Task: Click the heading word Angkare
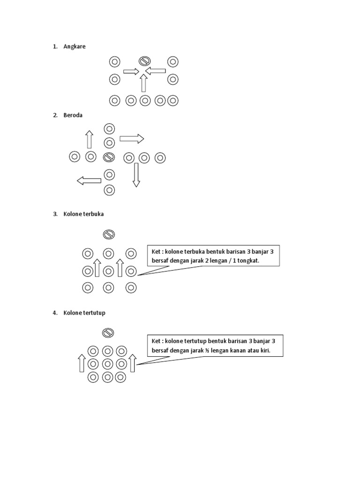pyautogui.click(x=75, y=46)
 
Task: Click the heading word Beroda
pyautogui.click(x=73, y=115)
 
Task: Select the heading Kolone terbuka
pyautogui.click(x=83, y=214)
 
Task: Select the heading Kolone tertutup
pyautogui.click(x=84, y=313)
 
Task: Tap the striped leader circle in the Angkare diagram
pyautogui.click(x=144, y=61)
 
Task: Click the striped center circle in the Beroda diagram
pyautogui.click(x=109, y=157)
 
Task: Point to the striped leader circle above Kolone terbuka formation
pyautogui.click(x=109, y=234)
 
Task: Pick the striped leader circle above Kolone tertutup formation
pyautogui.click(x=107, y=333)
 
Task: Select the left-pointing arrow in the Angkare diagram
pyautogui.click(x=156, y=71)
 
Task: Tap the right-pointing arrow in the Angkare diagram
pyautogui.click(x=131, y=71)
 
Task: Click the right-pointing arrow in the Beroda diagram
pyautogui.click(x=132, y=138)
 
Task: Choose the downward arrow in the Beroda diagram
pyautogui.click(x=136, y=175)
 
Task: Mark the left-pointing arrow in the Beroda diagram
pyautogui.click(x=89, y=180)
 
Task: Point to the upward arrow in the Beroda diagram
pyautogui.click(x=89, y=140)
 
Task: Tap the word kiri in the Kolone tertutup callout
pyautogui.click(x=266, y=351)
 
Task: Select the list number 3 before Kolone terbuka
pyautogui.click(x=54, y=214)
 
